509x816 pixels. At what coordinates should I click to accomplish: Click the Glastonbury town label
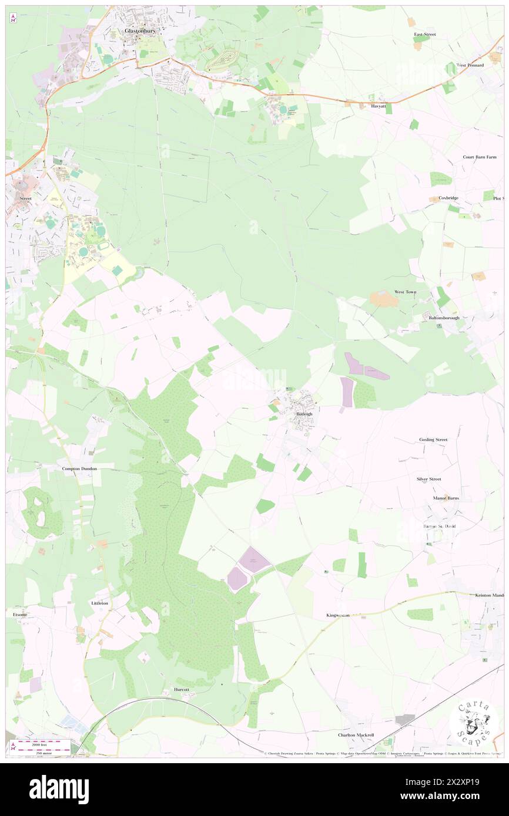139,31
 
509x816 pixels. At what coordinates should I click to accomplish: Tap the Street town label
25,198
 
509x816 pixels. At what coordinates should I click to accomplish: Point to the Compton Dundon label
79,468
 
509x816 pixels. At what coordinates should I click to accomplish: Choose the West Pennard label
470,65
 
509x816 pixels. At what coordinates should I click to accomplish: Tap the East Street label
424,35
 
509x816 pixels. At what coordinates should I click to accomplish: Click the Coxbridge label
448,198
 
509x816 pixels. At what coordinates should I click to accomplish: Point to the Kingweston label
338,615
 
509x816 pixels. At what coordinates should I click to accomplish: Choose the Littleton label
99,603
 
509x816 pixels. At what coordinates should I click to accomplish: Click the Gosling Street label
433,439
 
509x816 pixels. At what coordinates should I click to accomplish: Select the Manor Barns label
446,498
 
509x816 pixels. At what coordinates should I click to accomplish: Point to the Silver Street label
428,479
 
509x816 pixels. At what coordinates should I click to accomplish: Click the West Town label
405,292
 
